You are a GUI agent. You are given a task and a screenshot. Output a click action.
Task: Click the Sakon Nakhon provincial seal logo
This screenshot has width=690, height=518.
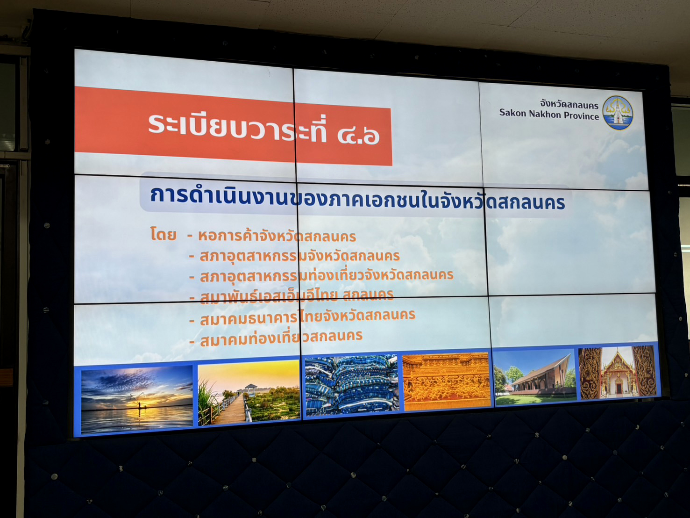(618, 113)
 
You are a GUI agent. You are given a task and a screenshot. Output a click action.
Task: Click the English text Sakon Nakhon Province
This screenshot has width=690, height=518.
(549, 114)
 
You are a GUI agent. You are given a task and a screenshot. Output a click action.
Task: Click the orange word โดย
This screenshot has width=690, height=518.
(163, 234)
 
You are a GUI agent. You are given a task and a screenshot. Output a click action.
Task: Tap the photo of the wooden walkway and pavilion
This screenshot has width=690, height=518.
(249, 392)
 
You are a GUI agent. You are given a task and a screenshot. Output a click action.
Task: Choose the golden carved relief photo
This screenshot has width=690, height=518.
(447, 381)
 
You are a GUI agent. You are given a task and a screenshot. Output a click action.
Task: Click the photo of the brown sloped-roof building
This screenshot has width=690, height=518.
(535, 377)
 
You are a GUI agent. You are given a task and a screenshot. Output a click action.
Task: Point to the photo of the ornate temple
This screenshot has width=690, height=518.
(618, 373)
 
